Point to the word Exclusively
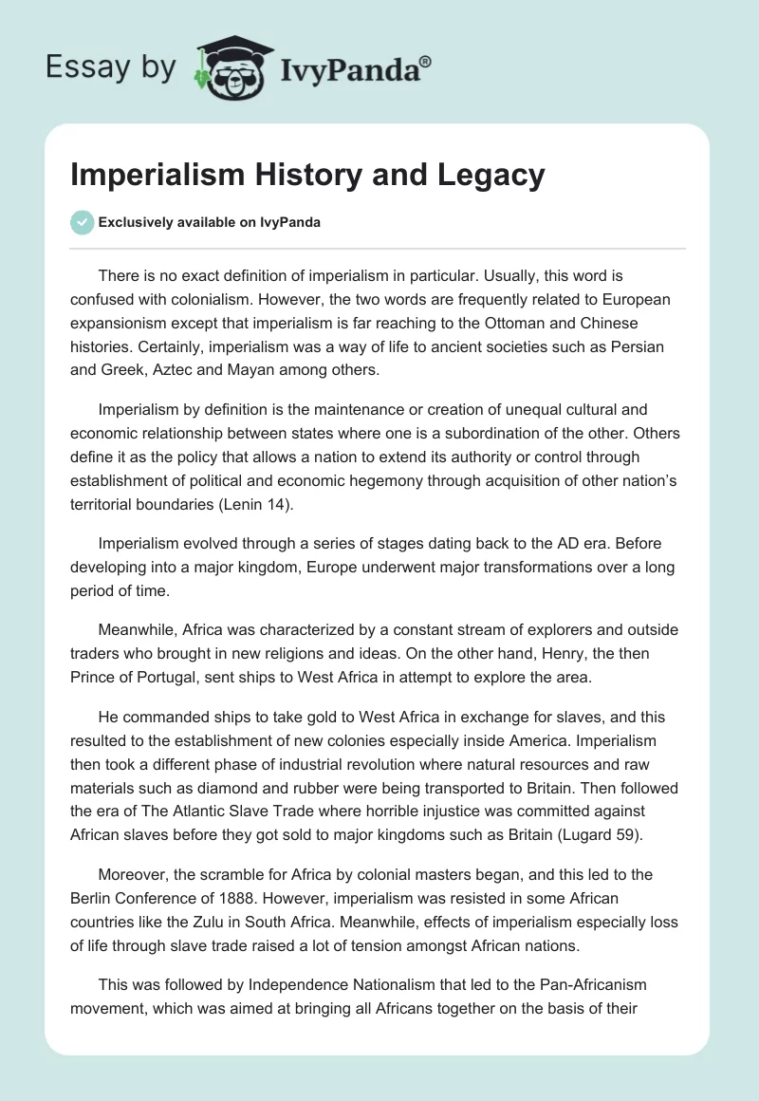[134, 222]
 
